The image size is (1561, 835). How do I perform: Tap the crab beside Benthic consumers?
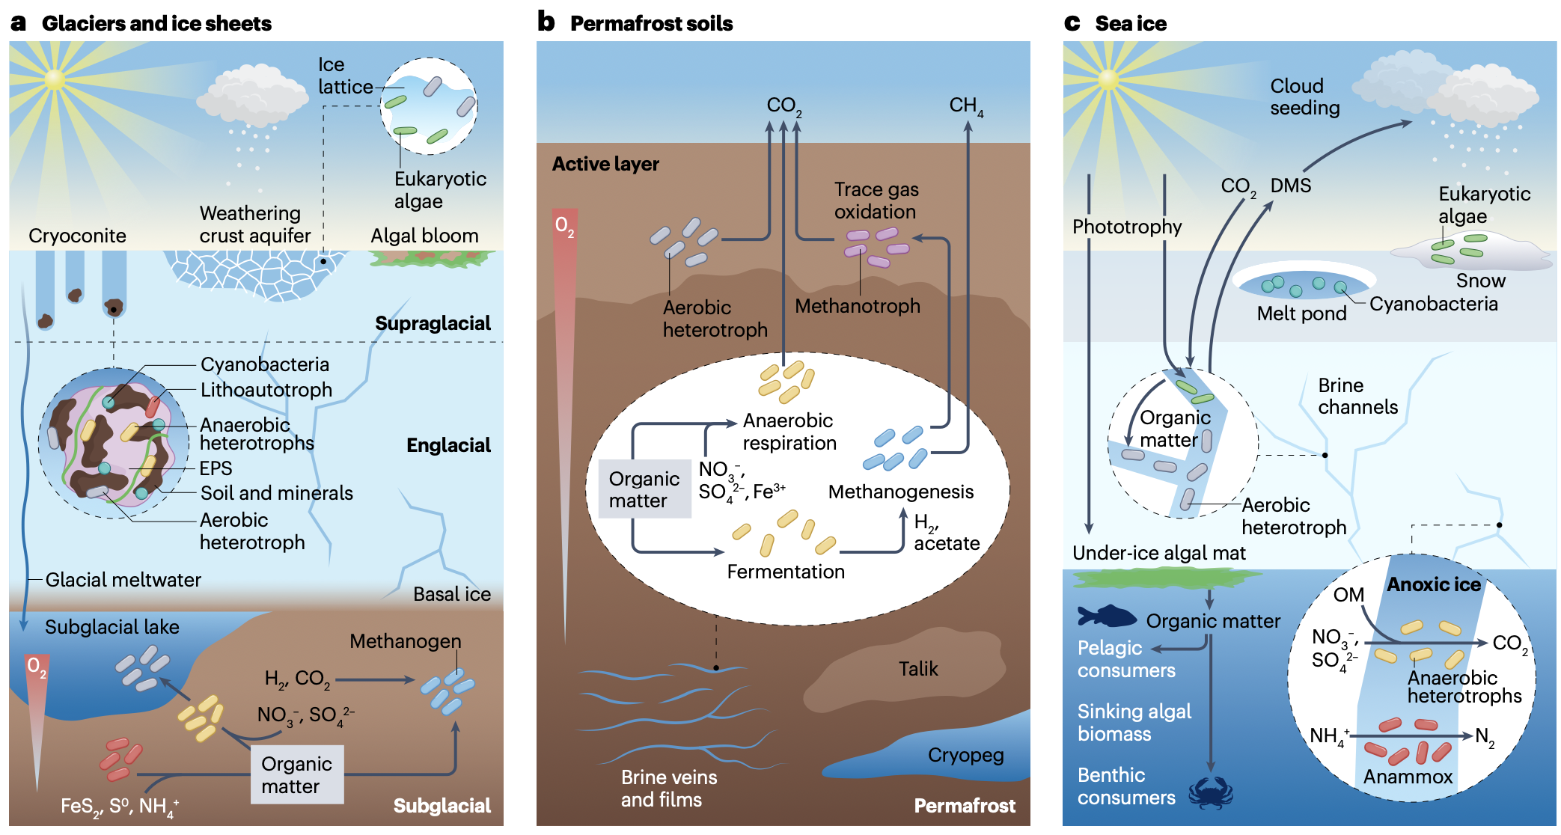[1210, 793]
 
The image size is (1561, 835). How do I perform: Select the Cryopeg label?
[965, 755]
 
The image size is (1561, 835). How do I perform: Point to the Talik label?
[918, 668]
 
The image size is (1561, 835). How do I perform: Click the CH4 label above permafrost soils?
[966, 106]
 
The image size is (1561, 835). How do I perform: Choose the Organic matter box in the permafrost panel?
[644, 489]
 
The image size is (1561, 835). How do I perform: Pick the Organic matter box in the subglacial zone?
[296, 774]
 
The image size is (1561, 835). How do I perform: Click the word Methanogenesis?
[900, 492]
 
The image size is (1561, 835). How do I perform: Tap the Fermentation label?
[786, 572]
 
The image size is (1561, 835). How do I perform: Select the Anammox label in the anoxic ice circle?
[1408, 777]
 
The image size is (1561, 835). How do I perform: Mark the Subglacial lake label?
[112, 627]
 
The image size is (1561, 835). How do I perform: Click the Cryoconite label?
[77, 236]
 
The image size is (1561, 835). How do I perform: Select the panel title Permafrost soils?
[651, 24]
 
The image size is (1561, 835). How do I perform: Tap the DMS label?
[1291, 186]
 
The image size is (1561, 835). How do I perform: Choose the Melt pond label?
[1301, 313]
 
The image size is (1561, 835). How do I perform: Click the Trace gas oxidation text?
[876, 201]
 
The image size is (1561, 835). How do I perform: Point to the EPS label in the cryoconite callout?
[216, 468]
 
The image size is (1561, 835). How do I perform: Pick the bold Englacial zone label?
[448, 445]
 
